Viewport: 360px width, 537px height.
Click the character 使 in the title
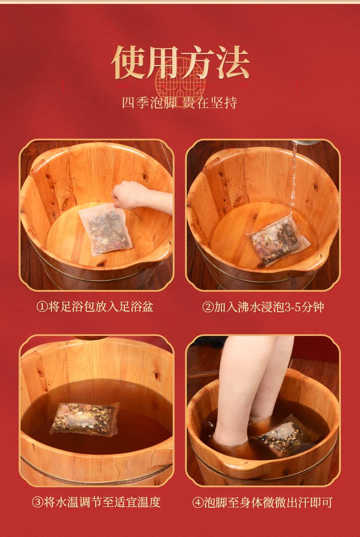[129, 62]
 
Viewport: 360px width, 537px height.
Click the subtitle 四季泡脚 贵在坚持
[180, 103]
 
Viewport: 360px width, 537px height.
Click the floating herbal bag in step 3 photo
[85, 418]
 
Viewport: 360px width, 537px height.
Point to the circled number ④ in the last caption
[198, 502]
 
